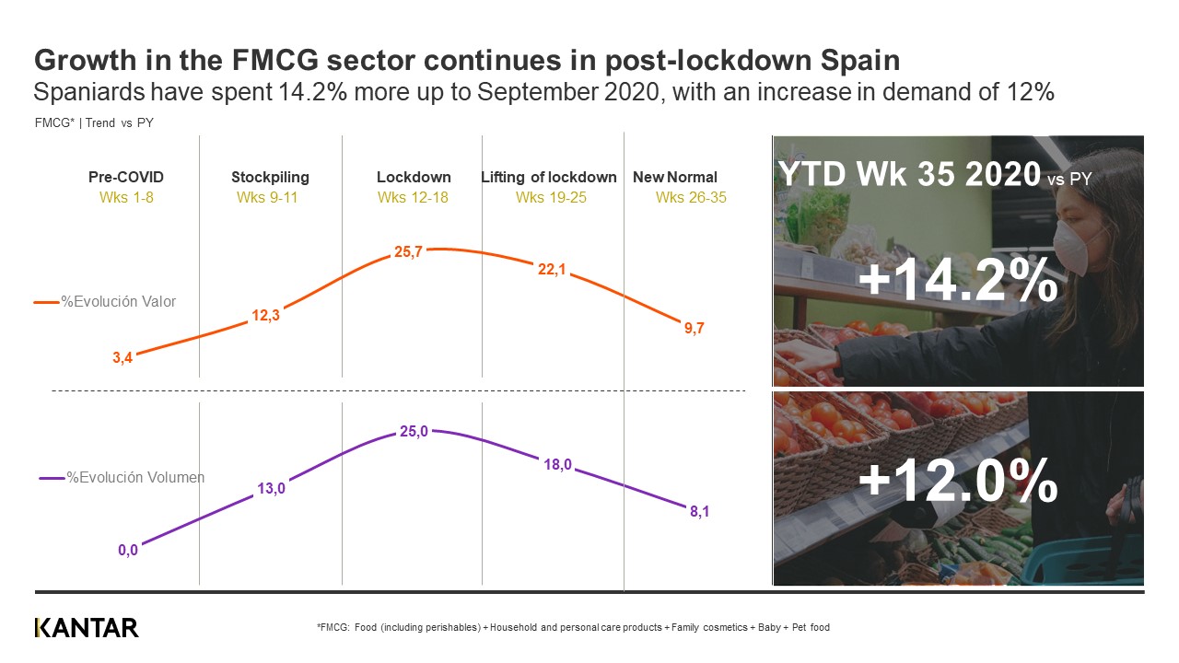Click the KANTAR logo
click(x=87, y=628)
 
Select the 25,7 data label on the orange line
click(x=408, y=251)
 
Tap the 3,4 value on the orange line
click(x=123, y=358)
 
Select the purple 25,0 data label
click(x=414, y=432)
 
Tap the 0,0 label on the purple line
click(x=127, y=551)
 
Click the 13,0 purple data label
click(x=271, y=489)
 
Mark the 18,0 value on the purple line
click(x=558, y=466)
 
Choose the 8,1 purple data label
click(x=699, y=512)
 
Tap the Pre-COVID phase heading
click(x=126, y=177)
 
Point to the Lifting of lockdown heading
click(x=549, y=177)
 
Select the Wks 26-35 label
click(x=691, y=197)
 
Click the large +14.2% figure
click(x=958, y=282)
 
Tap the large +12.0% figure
click(x=958, y=481)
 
